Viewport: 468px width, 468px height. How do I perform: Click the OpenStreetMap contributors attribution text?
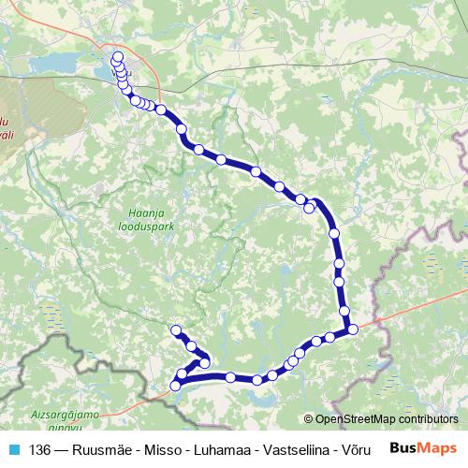[386, 419]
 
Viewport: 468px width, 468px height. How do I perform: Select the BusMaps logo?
[423, 448]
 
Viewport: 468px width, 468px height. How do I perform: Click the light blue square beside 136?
[13, 449]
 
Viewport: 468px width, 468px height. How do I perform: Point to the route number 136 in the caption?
[39, 449]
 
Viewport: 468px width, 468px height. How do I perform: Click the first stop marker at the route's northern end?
[118, 57]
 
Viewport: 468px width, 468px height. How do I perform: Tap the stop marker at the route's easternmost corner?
[352, 329]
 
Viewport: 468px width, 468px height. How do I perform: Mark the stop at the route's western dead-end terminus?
[175, 329]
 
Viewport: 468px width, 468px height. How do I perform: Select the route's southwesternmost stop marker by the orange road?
[175, 386]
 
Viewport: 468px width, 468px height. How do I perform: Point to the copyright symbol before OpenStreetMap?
[309, 419]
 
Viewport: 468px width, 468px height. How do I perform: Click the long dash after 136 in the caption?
[61, 449]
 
